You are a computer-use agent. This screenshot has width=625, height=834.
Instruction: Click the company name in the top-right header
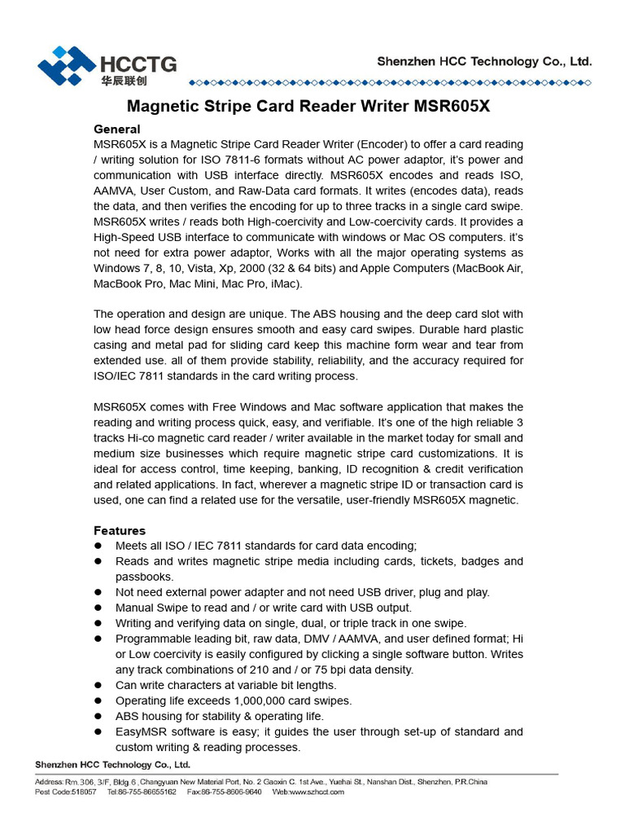484,61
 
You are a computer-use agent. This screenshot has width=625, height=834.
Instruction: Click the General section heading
117,129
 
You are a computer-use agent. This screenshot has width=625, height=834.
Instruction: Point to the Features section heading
120,530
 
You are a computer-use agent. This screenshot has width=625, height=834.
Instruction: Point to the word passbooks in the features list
144,577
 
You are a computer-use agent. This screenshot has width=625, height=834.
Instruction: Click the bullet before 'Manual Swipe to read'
98,608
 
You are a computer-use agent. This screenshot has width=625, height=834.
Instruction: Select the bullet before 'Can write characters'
98,685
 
